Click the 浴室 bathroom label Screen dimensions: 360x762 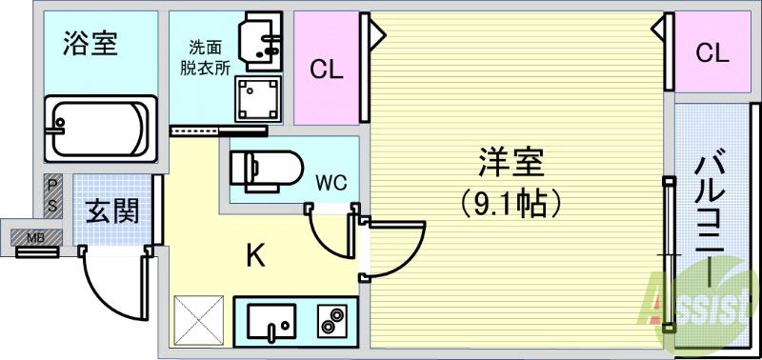pos(90,45)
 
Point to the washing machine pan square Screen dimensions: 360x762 pos(257,97)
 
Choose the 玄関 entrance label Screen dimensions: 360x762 pos(112,210)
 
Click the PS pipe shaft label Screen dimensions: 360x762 pos(53,196)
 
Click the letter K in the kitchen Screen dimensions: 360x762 pos(254,255)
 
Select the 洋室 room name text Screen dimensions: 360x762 pos(511,163)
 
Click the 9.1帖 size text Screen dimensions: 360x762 pos(510,202)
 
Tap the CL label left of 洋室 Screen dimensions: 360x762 pos(326,69)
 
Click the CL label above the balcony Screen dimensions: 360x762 pos(711,53)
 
